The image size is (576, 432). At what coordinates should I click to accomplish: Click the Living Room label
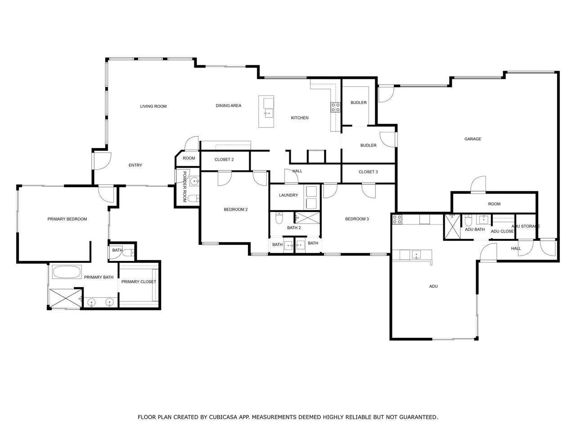point(153,106)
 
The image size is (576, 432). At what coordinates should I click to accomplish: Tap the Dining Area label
point(228,105)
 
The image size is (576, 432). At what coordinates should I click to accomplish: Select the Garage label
point(472,139)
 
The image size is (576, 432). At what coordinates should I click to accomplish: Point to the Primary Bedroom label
point(67,219)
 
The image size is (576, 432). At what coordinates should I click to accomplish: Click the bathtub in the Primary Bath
point(67,272)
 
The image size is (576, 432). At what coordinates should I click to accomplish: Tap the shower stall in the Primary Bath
point(66,298)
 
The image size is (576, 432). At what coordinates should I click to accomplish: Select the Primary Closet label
point(139,282)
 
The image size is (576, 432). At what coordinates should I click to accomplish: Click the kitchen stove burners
point(335,107)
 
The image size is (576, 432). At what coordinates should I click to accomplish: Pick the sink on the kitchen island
point(269,113)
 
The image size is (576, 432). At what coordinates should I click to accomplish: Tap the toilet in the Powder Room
point(193,198)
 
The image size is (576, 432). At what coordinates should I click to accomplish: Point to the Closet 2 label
point(224,159)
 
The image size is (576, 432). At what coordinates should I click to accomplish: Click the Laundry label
point(288,195)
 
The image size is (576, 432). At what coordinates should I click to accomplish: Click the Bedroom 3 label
point(357,219)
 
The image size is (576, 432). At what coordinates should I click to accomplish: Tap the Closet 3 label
point(368,172)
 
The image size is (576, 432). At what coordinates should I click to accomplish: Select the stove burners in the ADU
point(397,219)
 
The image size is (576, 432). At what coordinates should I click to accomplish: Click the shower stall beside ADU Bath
point(452,227)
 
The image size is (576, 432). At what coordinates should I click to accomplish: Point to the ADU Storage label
point(526,226)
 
